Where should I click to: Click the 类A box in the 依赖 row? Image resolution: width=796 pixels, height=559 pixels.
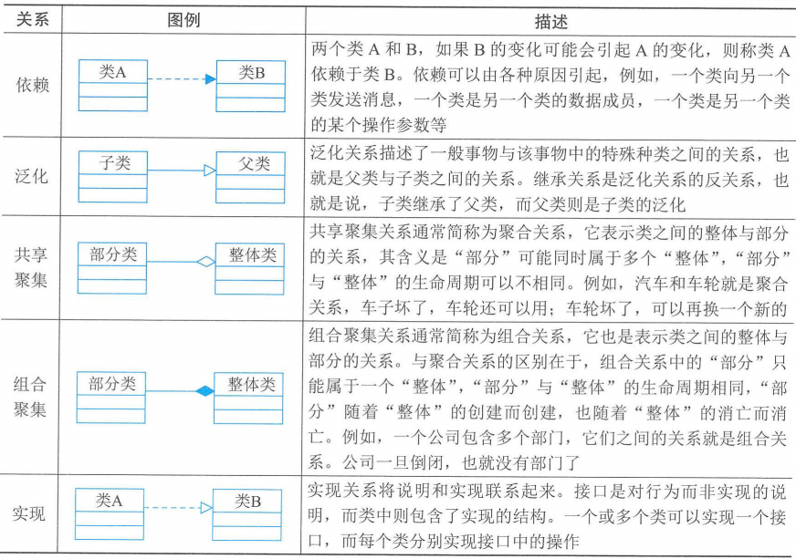click(x=112, y=85)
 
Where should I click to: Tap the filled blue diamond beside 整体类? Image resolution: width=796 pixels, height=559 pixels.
click(x=205, y=391)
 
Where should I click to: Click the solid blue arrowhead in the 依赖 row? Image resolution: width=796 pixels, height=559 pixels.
click(x=210, y=79)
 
